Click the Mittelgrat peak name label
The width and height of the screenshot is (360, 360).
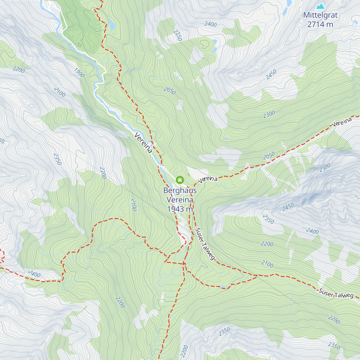point(320,15)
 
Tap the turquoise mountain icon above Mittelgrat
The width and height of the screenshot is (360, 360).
point(320,6)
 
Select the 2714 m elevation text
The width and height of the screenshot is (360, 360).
point(320,25)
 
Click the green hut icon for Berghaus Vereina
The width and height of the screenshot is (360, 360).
point(180,180)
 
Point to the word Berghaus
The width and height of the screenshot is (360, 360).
point(180,190)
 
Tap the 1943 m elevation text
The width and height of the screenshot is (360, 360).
point(180,209)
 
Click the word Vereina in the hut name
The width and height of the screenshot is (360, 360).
point(180,200)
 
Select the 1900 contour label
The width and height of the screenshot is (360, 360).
point(79,73)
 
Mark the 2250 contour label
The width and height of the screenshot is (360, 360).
point(178,35)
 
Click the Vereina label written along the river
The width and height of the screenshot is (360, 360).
point(143,143)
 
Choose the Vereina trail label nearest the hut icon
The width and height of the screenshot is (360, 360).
point(208,179)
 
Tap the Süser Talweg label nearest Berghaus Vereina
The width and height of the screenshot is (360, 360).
point(205,244)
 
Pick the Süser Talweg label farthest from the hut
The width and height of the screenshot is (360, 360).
point(336,293)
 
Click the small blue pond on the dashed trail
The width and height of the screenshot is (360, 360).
point(223,287)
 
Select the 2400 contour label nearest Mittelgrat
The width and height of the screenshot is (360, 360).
point(210,24)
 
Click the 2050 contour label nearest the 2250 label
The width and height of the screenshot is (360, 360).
point(170,91)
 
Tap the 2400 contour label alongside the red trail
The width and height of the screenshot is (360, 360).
point(34,274)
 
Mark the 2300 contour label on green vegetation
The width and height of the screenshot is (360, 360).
point(269,114)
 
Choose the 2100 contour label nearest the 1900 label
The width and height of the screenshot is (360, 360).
point(59,92)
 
